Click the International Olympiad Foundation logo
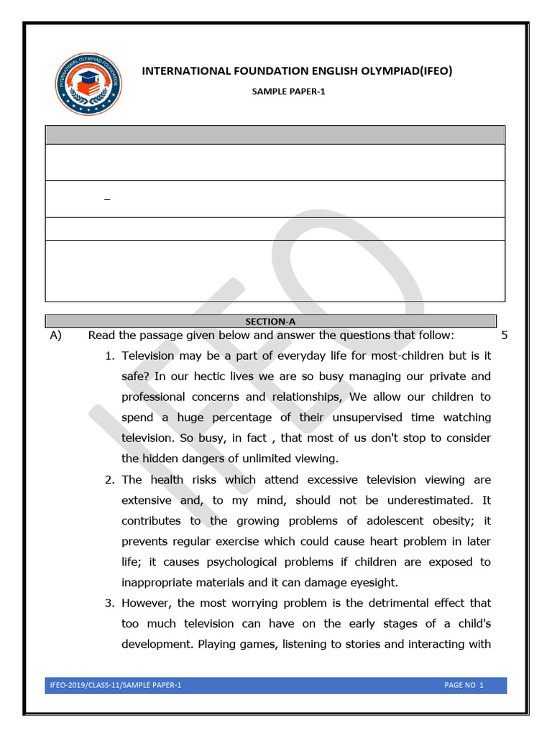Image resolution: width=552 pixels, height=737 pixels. [x=88, y=83]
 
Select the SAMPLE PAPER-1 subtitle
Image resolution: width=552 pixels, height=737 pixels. [x=288, y=92]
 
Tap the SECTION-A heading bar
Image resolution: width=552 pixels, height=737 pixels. [x=271, y=322]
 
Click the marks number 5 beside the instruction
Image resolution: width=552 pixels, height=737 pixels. [x=505, y=335]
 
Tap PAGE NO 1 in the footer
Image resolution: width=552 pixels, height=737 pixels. [x=464, y=685]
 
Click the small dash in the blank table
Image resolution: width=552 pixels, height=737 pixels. [x=107, y=199]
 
